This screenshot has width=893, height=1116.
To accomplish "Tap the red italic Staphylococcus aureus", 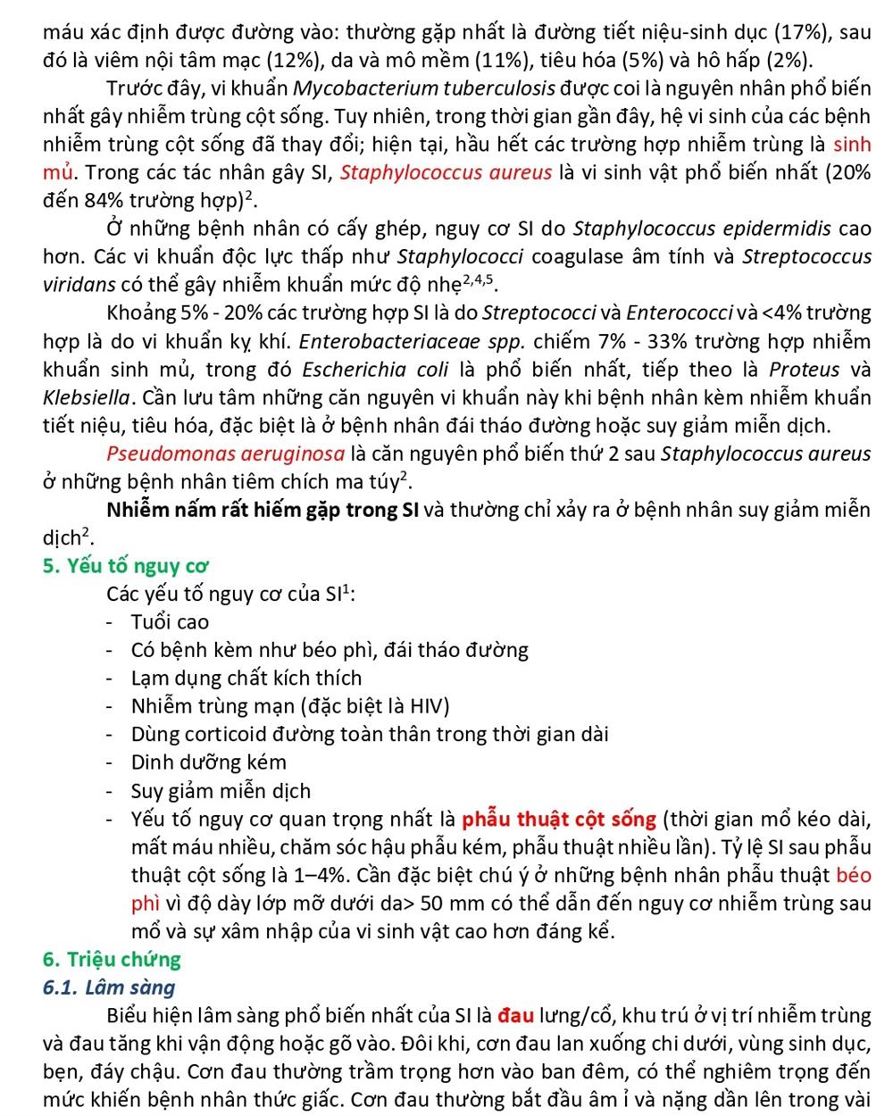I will (446, 173).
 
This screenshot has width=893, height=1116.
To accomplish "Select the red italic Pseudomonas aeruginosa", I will (225, 454).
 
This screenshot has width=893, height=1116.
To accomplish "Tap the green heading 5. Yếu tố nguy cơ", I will (126, 566).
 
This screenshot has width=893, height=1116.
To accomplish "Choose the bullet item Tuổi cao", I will (170, 622).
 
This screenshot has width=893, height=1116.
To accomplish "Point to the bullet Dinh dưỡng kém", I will (209, 762).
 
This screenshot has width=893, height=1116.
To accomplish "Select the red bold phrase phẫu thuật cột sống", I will (559, 819).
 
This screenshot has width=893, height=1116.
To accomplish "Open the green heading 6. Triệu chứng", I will (112, 960).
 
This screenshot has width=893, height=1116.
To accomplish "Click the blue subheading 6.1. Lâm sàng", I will (109, 987).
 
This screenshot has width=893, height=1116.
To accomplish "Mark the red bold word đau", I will (515, 1015).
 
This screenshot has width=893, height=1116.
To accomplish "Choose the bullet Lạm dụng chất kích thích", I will (246, 679).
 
